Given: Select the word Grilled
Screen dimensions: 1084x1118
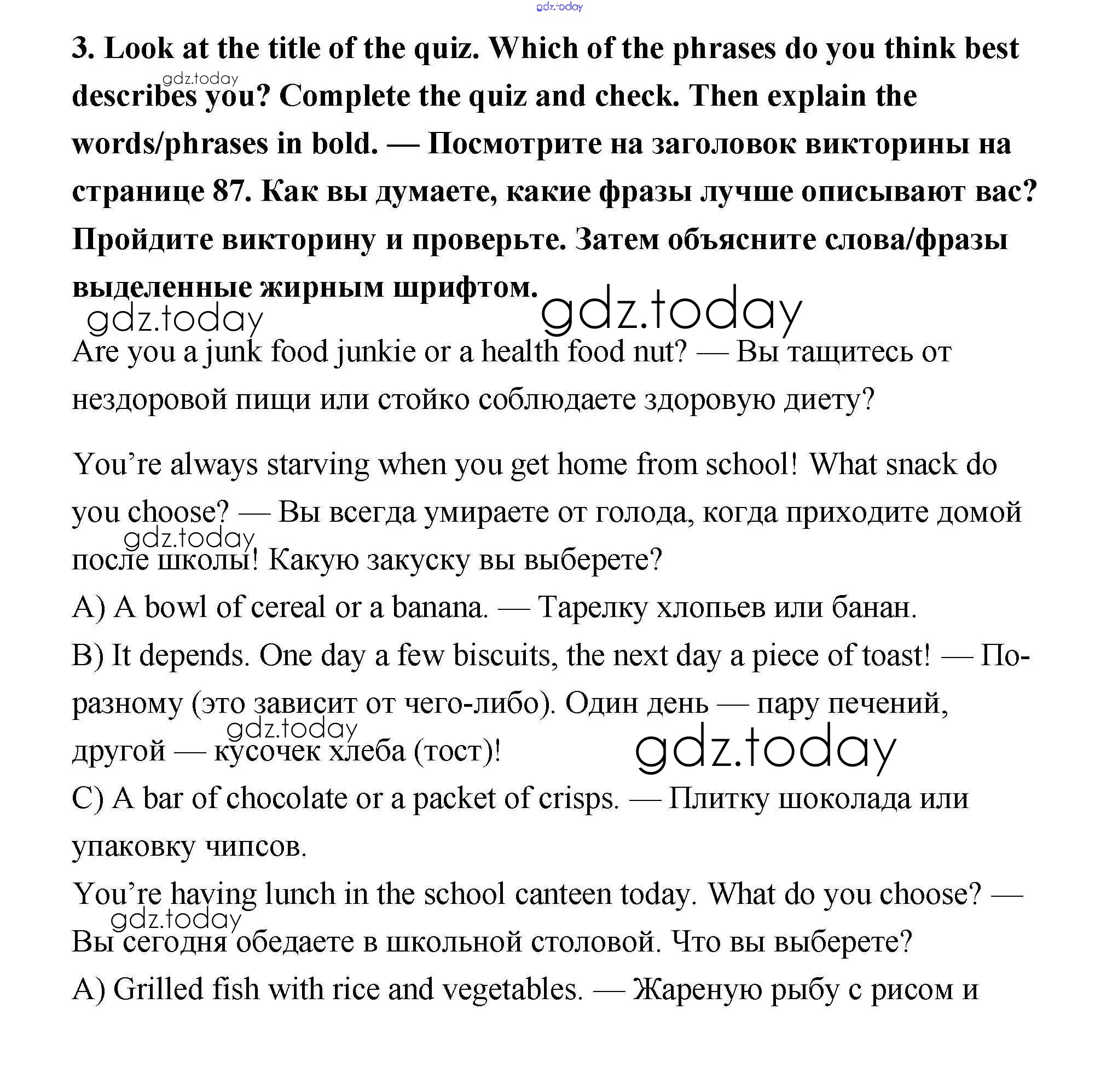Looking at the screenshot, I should click(x=158, y=989).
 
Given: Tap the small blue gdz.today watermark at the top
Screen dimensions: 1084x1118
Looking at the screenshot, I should click(x=559, y=7).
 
